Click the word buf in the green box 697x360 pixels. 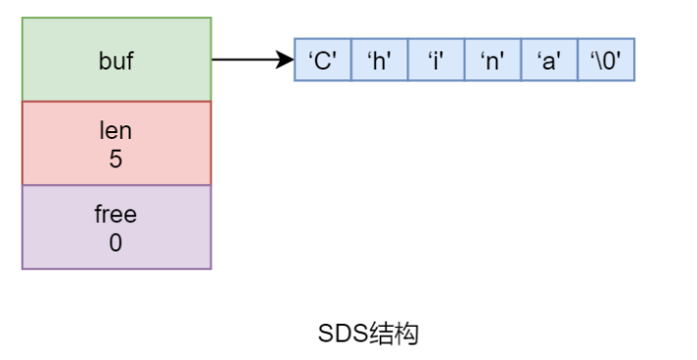coord(116,61)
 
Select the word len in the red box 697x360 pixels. coord(116,130)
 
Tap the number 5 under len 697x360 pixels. coord(116,158)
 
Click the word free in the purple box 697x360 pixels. coord(116,214)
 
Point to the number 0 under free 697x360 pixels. coord(116,243)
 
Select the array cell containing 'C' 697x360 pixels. coord(322,60)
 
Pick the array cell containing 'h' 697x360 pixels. coord(379,60)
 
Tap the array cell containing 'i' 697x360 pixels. coord(436,60)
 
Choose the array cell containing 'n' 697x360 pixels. coord(492,60)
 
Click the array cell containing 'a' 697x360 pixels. coord(549,60)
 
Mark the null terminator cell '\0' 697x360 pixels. coord(606,60)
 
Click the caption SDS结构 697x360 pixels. coord(368,334)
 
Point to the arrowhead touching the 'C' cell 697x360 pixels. coord(287,60)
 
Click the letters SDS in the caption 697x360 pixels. coord(343,334)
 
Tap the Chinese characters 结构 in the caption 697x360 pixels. coord(394,334)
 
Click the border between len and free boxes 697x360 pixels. coord(116,185)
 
